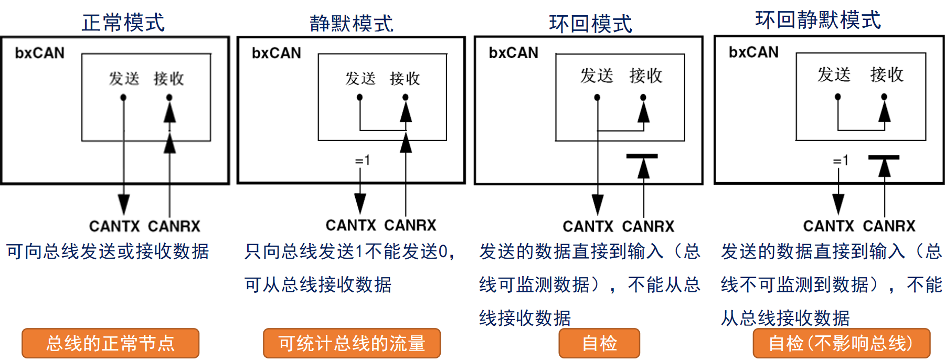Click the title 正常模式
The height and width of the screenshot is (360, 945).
click(123, 23)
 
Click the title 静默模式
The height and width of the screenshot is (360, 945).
click(351, 24)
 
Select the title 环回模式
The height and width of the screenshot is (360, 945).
click(590, 24)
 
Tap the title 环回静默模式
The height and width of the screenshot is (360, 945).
click(818, 20)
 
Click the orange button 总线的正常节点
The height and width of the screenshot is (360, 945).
click(110, 343)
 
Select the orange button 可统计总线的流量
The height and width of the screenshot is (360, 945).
click(352, 343)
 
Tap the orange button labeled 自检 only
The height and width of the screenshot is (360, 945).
click(599, 343)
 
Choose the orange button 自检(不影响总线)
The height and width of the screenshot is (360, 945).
click(841, 343)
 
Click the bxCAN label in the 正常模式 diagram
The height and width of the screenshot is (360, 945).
click(40, 53)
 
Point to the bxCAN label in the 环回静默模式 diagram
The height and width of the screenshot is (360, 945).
click(753, 52)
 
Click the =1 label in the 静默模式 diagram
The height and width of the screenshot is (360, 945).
click(363, 160)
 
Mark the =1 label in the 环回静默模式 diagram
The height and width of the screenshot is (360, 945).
click(841, 160)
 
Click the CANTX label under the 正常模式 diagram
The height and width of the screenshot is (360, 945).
click(114, 226)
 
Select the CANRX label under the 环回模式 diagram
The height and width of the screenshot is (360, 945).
click(648, 226)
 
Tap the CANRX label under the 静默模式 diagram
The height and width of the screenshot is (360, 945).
click(410, 225)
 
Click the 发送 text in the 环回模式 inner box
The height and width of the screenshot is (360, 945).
click(597, 76)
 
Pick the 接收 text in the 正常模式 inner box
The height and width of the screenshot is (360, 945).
click(168, 79)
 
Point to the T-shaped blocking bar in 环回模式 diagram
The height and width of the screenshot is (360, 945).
click(642, 156)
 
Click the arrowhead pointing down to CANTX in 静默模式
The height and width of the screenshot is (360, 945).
click(360, 203)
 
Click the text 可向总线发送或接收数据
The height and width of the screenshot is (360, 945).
click(108, 251)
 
